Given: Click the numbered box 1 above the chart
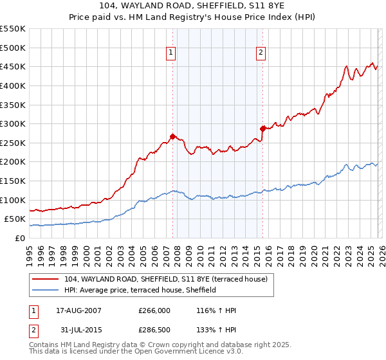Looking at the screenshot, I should point(172,53).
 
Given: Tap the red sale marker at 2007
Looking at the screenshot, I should point(172,136).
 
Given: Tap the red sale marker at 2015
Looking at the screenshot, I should point(262,129).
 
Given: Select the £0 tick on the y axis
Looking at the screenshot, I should point(20,238).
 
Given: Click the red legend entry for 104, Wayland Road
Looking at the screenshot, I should point(161,278).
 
